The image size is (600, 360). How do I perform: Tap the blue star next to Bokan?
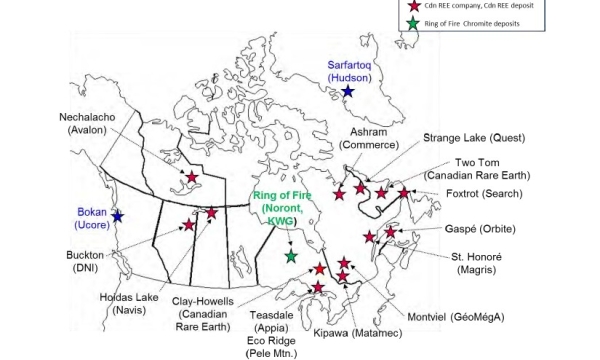(117, 216)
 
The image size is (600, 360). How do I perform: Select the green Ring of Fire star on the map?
(291, 257)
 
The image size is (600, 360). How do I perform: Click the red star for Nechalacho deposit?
(191, 178)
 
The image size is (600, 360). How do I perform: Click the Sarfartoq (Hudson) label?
(350, 71)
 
